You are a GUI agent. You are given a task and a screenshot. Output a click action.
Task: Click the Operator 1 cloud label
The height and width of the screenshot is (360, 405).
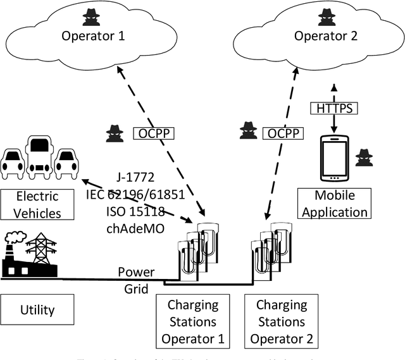pos(92,36)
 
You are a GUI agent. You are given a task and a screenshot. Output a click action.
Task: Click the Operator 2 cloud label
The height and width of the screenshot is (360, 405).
pos(326,36)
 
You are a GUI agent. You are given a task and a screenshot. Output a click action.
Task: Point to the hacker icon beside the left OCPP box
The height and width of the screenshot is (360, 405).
pos(115,133)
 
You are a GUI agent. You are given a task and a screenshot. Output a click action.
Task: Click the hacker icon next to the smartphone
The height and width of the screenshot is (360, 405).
pos(364,158)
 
